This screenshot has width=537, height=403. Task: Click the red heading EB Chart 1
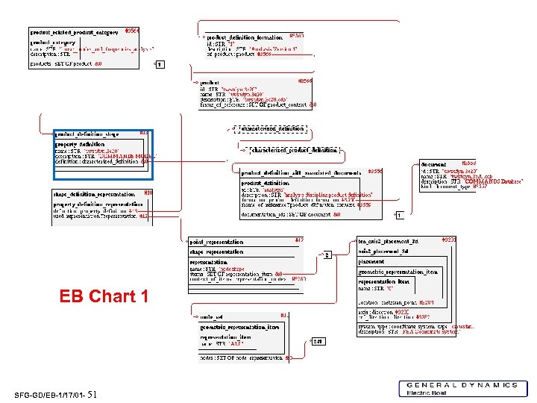[104, 296]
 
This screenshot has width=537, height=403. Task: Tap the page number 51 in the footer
[92, 394]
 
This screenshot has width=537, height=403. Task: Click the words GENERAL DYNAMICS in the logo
[462, 385]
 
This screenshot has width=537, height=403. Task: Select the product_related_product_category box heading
[74, 33]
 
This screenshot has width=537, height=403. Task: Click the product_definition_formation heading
[245, 37]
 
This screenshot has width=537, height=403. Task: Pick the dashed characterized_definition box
[272, 128]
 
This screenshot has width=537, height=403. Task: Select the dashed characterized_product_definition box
[293, 150]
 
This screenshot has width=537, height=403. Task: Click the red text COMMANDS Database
[493, 181]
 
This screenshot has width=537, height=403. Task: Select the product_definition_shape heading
[87, 134]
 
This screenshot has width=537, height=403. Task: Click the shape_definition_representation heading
[94, 194]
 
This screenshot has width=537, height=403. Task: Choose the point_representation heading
[217, 242]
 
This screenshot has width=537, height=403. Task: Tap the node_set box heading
[212, 316]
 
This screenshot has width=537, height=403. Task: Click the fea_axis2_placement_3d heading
[389, 242]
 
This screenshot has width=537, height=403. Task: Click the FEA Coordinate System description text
[440, 332]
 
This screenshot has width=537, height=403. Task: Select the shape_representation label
[216, 252]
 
